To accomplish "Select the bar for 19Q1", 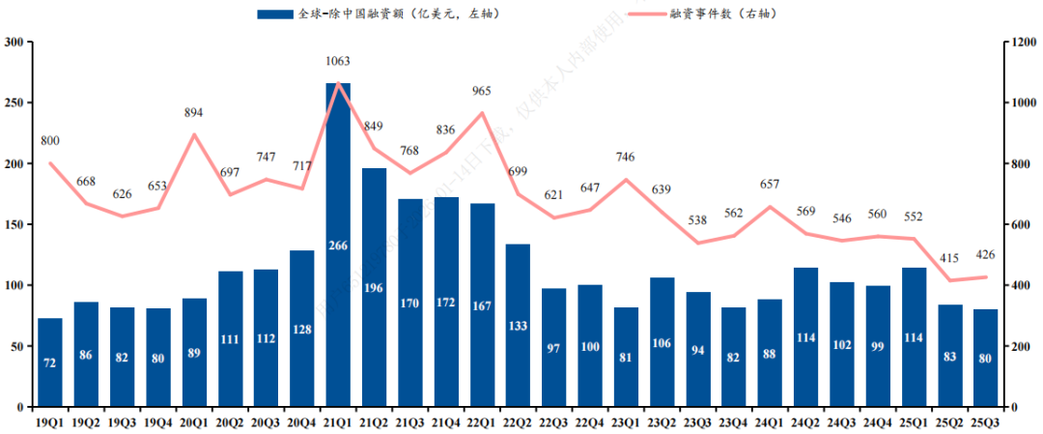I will [50, 362].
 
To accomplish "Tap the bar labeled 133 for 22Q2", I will [518, 325].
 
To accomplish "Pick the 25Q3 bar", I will [985, 358].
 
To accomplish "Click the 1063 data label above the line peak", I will [338, 61].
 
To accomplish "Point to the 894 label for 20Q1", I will [194, 113].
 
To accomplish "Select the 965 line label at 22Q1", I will [482, 92].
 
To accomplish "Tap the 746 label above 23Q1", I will [626, 158].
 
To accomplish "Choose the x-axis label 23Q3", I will [698, 421].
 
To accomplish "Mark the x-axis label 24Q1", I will [770, 421].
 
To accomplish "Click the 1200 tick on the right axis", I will [1023, 43].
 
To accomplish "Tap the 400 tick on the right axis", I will [1020, 285].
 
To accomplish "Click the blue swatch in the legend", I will [274, 14].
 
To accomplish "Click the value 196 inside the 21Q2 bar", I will [374, 287].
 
